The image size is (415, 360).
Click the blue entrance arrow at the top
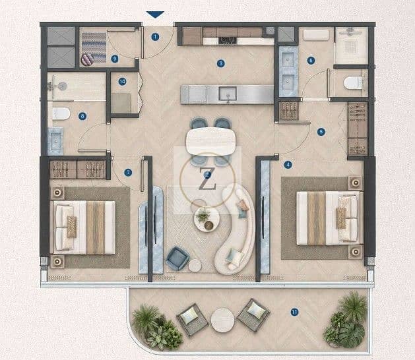click(x=155, y=15)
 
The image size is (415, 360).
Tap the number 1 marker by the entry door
click(x=155, y=37)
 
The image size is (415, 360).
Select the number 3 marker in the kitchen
click(x=220, y=63)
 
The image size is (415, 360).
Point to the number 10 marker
click(x=122, y=82)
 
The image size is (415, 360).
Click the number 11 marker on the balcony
click(x=294, y=312)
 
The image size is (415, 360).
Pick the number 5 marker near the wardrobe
click(x=321, y=132)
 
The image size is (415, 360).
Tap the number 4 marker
click(x=288, y=165)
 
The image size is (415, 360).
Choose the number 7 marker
click(x=128, y=173)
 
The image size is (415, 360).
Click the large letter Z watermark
click(x=207, y=179)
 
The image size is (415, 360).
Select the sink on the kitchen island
click(x=228, y=94)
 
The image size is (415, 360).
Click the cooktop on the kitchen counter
click(x=227, y=40)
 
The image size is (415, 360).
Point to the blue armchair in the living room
click(x=177, y=258)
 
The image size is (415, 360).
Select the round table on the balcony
click(x=222, y=320)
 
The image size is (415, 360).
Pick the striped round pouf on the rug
click(x=87, y=59)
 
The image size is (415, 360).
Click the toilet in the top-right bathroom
click(x=353, y=83)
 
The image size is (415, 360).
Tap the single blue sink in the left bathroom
click(x=55, y=141)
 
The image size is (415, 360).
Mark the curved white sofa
click(x=235, y=229)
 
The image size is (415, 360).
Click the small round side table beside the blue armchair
click(x=195, y=266)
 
